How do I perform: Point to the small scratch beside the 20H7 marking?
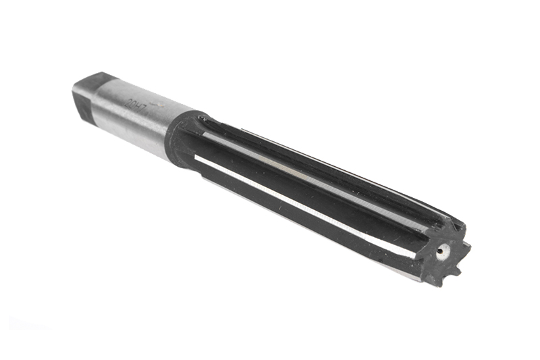click(158, 104)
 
